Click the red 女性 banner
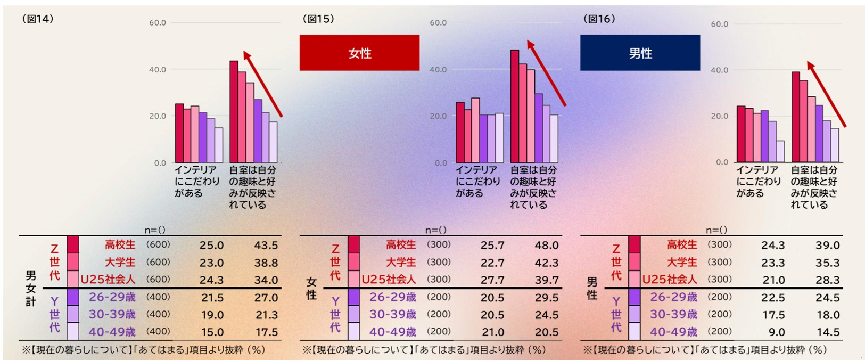[359, 53]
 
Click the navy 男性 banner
[640, 53]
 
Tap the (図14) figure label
[37, 19]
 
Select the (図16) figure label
[599, 19]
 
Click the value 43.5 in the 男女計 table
[266, 246]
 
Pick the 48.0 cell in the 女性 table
[547, 246]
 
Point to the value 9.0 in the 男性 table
[777, 332]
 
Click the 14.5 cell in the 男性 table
[828, 332]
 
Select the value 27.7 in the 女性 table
[492, 280]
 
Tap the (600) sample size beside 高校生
[158, 245]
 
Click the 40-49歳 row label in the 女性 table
[393, 332]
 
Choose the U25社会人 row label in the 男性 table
[669, 280]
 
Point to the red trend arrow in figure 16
[826, 94]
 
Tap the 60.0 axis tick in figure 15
[438, 23]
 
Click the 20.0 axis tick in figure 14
[158, 116]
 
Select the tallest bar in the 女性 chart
[515, 107]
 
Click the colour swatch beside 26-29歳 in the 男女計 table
[73, 297]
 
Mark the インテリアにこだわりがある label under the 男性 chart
[757, 181]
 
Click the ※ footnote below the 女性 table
[424, 350]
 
